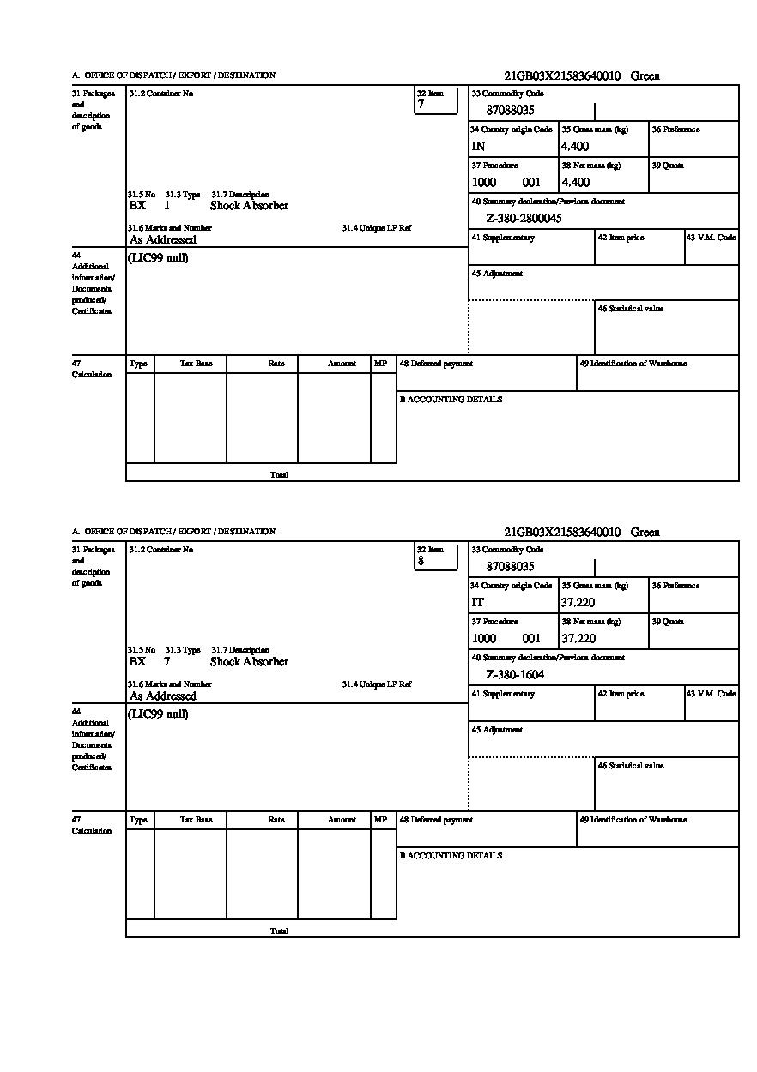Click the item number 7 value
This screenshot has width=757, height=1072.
coord(421,105)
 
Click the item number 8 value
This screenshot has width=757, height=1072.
coord(421,561)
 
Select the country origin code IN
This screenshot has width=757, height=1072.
coord(478,147)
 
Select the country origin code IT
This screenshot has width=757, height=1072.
coord(478,603)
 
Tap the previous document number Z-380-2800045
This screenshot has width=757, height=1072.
coord(524,219)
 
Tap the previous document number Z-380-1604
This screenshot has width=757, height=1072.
coord(515,675)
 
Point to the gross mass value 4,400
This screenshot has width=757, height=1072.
coord(575,147)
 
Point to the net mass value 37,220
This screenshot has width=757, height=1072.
coord(578,639)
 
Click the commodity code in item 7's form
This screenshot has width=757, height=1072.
coord(511,111)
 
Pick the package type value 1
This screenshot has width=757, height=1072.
coord(167,206)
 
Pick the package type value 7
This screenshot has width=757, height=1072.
coord(167,662)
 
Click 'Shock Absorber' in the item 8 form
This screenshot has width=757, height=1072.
coord(249,662)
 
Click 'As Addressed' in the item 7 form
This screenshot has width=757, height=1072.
coord(163,240)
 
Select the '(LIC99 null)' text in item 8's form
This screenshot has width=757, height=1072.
coord(159,714)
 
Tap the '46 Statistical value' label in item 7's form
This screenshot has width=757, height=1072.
coord(631,309)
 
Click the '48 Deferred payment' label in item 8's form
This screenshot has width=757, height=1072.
coord(436,820)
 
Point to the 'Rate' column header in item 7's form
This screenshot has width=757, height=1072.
coord(276,364)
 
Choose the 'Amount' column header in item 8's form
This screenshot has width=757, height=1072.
coord(342,820)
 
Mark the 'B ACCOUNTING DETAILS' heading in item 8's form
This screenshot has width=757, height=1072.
coord(451,856)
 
